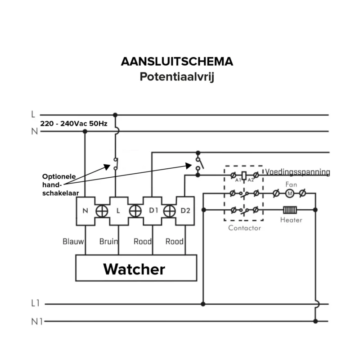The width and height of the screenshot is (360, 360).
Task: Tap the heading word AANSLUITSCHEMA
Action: click(177, 62)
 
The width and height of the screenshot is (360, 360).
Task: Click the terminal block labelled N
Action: click(85, 210)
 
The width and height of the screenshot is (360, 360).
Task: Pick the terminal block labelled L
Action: click(118, 210)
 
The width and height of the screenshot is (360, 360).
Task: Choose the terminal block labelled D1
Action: click(153, 210)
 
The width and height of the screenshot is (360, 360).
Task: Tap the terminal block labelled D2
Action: click(185, 210)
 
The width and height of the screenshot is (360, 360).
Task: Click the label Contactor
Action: click(244, 228)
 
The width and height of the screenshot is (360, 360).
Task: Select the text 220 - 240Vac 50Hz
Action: click(74, 123)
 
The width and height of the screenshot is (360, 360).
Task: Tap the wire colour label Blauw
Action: click(73, 242)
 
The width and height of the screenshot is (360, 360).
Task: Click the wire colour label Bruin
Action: click(108, 242)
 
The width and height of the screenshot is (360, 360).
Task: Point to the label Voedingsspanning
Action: click(297, 172)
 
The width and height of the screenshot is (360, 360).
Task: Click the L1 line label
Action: click(36, 304)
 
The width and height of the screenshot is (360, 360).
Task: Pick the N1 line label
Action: click(36, 321)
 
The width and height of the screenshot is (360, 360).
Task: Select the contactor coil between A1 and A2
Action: click(244, 175)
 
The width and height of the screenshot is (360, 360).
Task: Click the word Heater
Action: click(291, 220)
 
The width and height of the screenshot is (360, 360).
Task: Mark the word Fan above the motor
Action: click(291, 184)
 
